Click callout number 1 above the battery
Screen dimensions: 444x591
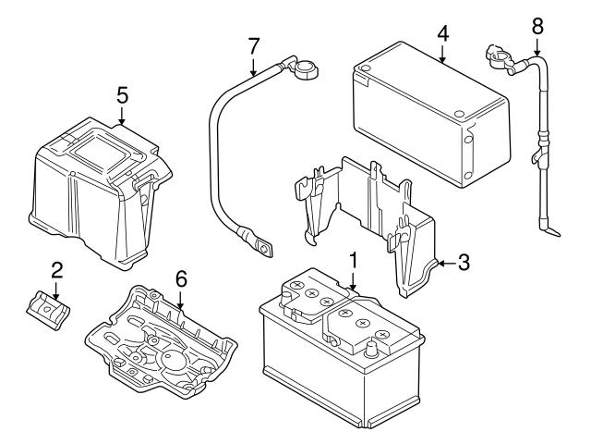coord(352,260)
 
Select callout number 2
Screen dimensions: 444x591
coord(56,270)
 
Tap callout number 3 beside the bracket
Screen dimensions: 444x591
coord(464,263)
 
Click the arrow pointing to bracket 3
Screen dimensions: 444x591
coord(444,264)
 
